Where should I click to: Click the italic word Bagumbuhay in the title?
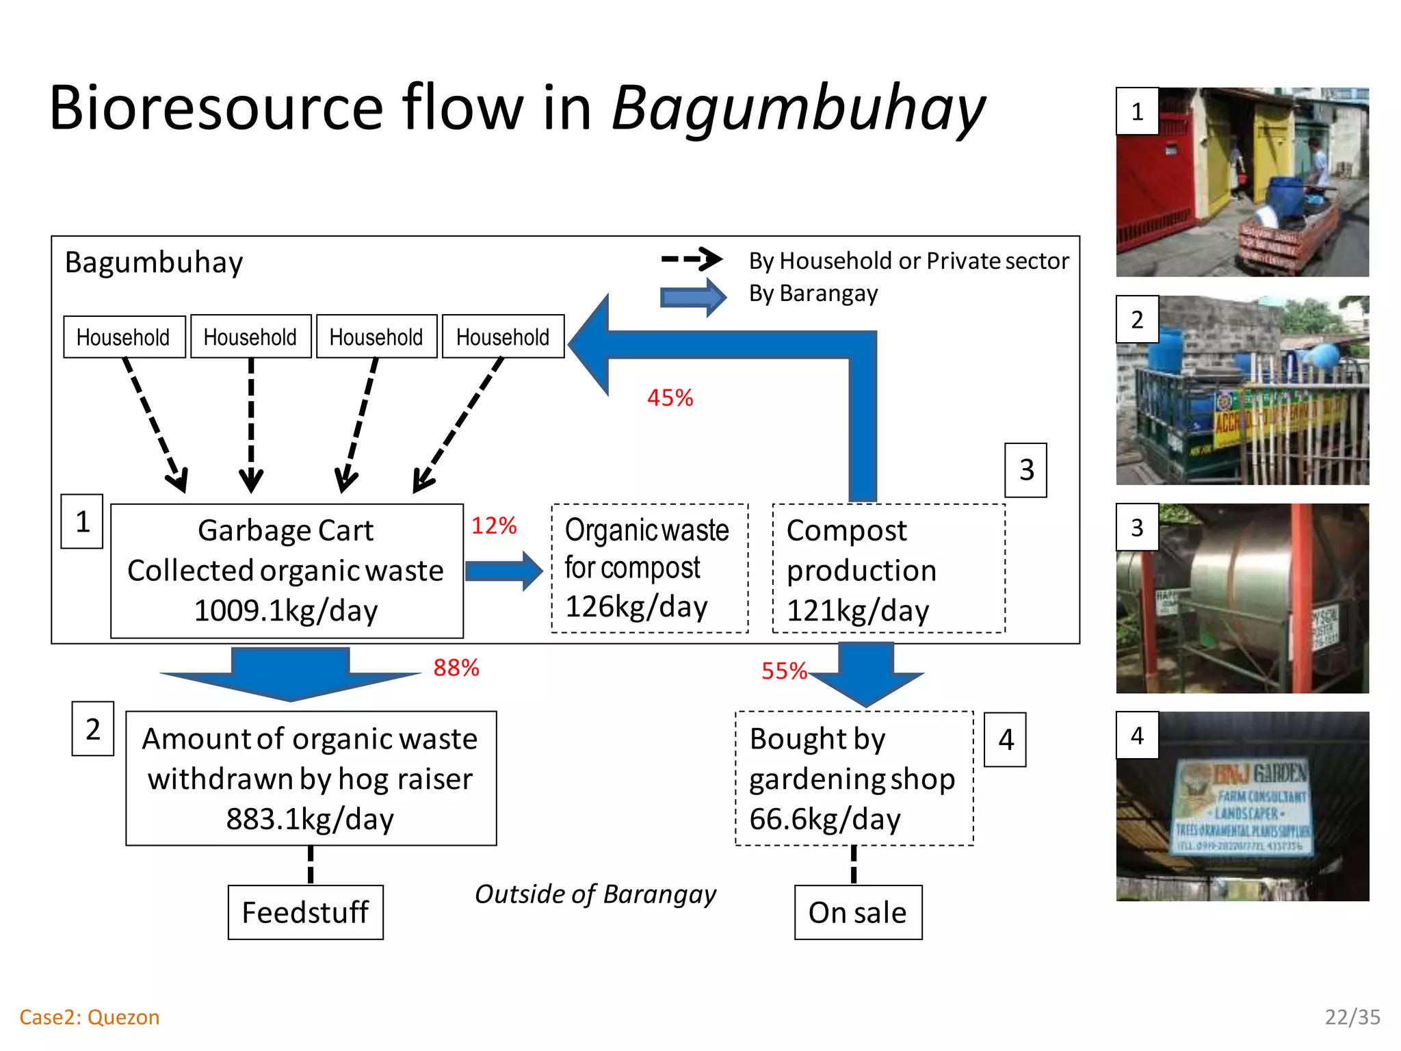(x=798, y=108)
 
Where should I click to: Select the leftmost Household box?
(x=124, y=337)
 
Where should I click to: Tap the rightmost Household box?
(x=503, y=337)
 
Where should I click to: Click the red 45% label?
(x=670, y=398)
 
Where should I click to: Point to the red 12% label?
(x=493, y=525)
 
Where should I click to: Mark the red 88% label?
(x=456, y=668)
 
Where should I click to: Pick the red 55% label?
(x=784, y=671)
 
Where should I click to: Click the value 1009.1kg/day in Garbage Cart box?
(x=286, y=610)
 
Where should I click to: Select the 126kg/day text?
(x=636, y=606)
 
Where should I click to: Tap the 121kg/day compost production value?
(x=858, y=610)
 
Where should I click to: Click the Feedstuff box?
(x=305, y=912)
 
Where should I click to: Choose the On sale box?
(x=858, y=912)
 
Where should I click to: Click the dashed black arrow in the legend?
(x=692, y=259)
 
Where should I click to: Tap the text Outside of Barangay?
(x=595, y=894)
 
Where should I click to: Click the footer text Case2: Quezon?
(x=90, y=1017)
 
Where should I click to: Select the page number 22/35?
(x=1352, y=1017)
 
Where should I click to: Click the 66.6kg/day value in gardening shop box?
(x=825, y=819)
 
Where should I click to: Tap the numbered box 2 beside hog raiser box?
(x=93, y=729)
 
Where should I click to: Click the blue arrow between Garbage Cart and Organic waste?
(x=503, y=571)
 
